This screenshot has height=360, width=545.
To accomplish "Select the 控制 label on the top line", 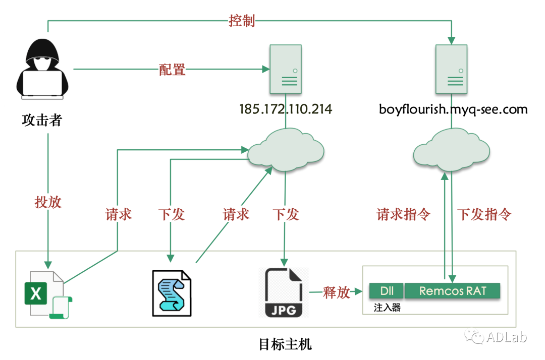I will pyautogui.click(x=242, y=21).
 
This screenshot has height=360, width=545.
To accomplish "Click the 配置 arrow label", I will pyautogui.click(x=172, y=70).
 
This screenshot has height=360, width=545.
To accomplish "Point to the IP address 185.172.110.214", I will pyautogui.click(x=286, y=109).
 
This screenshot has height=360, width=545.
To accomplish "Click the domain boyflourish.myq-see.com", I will pyautogui.click(x=453, y=109).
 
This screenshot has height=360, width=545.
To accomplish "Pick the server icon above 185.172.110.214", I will pyautogui.click(x=286, y=70).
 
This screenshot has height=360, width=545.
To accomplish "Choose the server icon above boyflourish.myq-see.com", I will pyautogui.click(x=451, y=70).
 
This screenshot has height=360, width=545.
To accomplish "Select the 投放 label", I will pyautogui.click(x=48, y=202).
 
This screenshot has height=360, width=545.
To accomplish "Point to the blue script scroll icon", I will pyautogui.click(x=172, y=293).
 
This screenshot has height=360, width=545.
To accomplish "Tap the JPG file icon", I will pyautogui.click(x=284, y=293).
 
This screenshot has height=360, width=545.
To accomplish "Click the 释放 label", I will pyautogui.click(x=337, y=292).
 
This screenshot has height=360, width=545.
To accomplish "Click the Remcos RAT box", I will pyautogui.click(x=452, y=291).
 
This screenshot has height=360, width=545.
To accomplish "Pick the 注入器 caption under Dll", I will pyautogui.click(x=387, y=307).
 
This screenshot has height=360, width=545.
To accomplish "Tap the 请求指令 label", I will pyautogui.click(x=403, y=214).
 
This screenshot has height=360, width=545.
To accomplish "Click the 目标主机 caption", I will pyautogui.click(x=285, y=345).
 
